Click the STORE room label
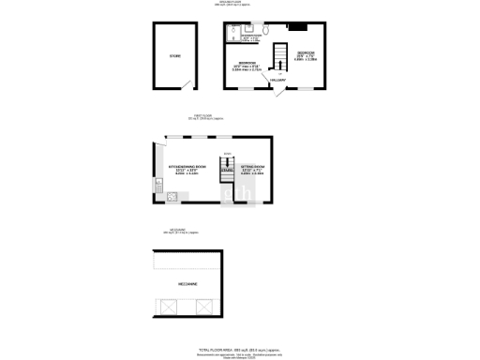[x=174, y=57]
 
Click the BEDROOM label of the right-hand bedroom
[x=306, y=52]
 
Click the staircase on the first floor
[x=226, y=169]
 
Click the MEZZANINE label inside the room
[x=188, y=283]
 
